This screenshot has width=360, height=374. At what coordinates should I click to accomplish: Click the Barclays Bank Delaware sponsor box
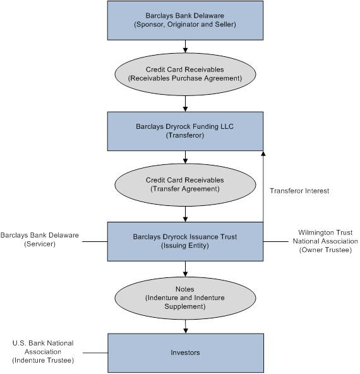[185, 20]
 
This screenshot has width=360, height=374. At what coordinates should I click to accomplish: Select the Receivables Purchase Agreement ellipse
[185, 74]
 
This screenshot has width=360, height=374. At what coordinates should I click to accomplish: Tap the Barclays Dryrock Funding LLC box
[185, 131]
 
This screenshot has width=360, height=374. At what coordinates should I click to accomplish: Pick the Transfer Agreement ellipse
[185, 184]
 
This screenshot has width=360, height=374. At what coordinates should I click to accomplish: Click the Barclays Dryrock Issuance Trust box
[185, 241]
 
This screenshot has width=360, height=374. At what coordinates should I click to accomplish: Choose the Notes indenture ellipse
[185, 298]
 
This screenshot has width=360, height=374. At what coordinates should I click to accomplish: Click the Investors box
[186, 353]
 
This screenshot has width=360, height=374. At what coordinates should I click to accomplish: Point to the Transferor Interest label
[299, 191]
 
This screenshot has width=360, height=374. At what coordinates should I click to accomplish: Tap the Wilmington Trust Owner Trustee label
[325, 241]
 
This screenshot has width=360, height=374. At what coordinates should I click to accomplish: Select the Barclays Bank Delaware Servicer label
[40, 239]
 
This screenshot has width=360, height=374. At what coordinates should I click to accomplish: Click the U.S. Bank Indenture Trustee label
[43, 352]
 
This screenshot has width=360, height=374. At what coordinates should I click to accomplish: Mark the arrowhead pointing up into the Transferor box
[263, 153]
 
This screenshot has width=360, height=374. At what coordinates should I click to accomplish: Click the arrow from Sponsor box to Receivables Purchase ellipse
[185, 47]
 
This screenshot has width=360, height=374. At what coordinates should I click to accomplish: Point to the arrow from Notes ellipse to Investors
[186, 327]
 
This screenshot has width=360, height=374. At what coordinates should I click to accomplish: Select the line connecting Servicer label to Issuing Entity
[95, 241]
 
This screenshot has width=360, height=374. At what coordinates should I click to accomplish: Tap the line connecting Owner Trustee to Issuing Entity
[276, 241]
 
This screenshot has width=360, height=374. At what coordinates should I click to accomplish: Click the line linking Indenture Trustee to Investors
[95, 353]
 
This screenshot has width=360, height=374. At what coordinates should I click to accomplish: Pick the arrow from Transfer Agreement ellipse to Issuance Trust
[185, 214]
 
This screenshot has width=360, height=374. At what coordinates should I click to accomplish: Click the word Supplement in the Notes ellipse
[185, 306]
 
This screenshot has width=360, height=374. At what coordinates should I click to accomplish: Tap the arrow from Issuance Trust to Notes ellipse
[185, 269]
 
